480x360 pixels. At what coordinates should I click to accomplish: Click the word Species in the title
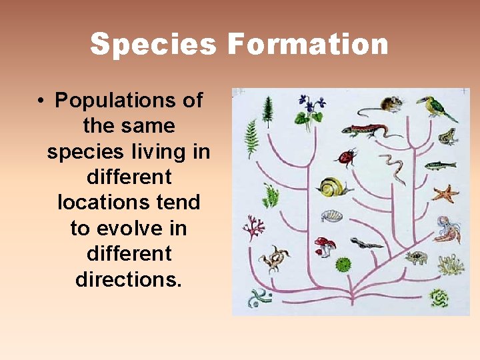coord(153,45)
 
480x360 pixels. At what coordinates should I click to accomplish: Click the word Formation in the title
coord(307,45)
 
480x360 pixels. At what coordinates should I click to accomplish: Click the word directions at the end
coord(128,279)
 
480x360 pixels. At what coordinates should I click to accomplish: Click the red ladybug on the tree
coord(346,157)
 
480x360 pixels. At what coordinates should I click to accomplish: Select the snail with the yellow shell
coord(331,187)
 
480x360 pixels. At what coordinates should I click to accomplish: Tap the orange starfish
coord(445,193)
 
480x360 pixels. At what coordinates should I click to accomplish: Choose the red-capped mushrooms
coord(325,245)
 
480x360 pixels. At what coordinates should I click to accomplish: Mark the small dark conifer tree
coord(268,111)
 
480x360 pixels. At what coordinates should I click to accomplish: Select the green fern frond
coord(251,138)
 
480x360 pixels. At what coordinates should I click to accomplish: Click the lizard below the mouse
coord(366,130)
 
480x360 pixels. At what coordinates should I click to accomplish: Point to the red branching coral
coord(253,229)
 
